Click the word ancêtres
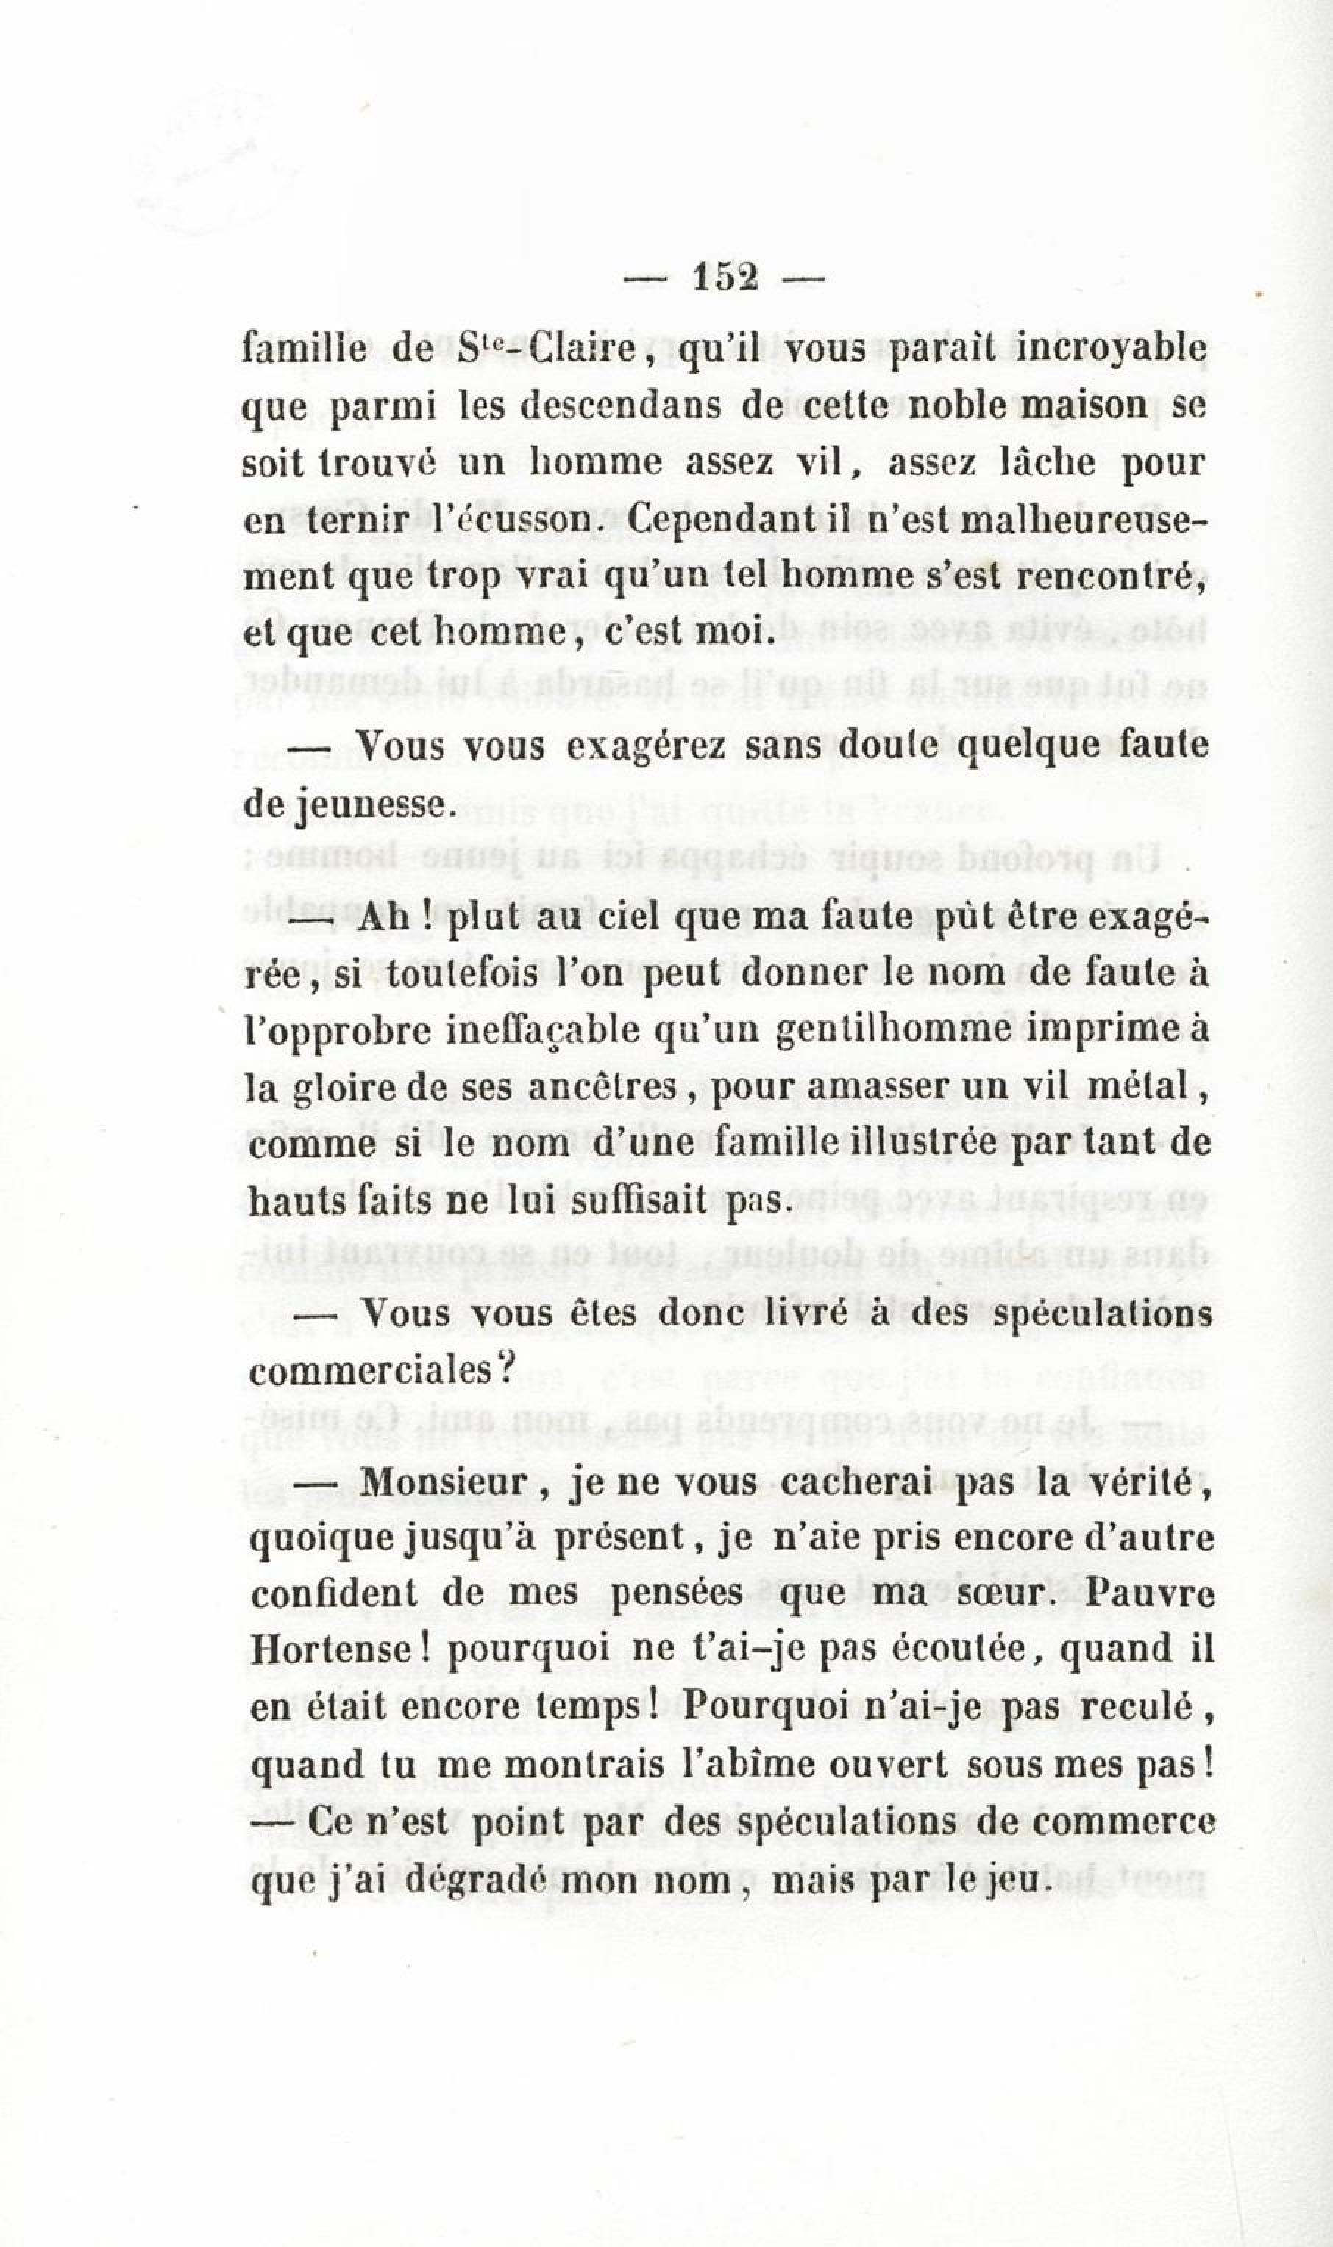pos(601,1090)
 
